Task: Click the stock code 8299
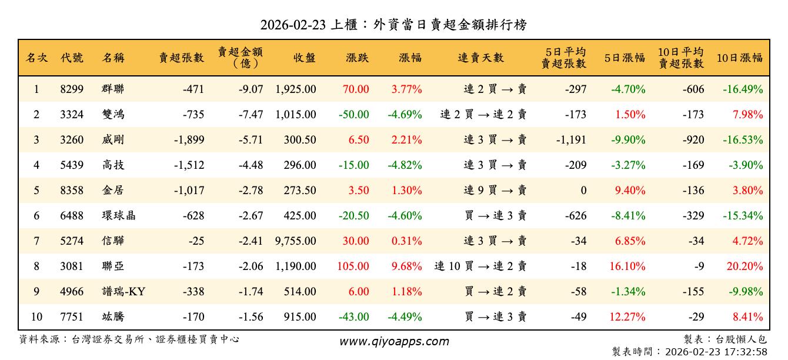coord(72,89)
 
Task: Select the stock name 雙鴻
coord(113,115)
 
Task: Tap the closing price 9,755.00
coord(295,241)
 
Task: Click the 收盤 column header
coord(304,58)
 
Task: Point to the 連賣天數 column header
coord(480,58)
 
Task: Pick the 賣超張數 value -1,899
coord(189,140)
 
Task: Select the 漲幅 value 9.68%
coord(406,266)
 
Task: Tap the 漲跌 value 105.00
coord(353,266)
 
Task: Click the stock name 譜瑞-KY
coord(123,291)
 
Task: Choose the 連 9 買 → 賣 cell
coord(495,190)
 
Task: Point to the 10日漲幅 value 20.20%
coord(744,266)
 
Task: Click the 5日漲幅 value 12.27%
coord(627,316)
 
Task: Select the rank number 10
coord(36,316)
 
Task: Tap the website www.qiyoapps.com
coord(394,341)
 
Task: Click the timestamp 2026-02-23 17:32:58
coord(716,351)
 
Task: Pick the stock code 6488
coord(72,215)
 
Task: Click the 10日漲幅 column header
coord(739,58)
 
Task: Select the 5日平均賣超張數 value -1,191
coord(570,140)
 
